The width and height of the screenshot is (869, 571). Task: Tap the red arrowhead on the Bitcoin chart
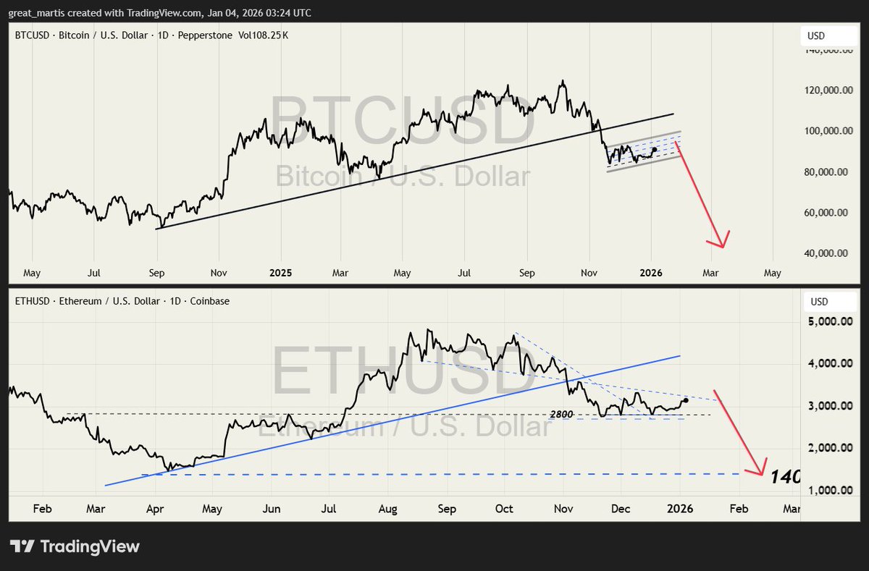point(722,242)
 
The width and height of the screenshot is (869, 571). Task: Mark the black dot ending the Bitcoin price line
point(655,150)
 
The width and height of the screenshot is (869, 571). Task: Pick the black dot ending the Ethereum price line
point(686,400)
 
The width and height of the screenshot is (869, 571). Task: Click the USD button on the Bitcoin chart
point(816,36)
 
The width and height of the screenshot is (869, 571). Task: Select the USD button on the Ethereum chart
point(819,301)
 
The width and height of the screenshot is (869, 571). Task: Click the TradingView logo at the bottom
point(74,546)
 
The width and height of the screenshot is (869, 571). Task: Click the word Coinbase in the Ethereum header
point(209,300)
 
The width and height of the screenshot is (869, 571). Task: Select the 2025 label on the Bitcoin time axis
point(280,274)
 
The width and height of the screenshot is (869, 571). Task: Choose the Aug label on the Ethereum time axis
point(388,509)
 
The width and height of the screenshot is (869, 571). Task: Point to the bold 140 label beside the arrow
point(785,477)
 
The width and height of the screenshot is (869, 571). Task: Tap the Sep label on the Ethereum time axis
point(447,509)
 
